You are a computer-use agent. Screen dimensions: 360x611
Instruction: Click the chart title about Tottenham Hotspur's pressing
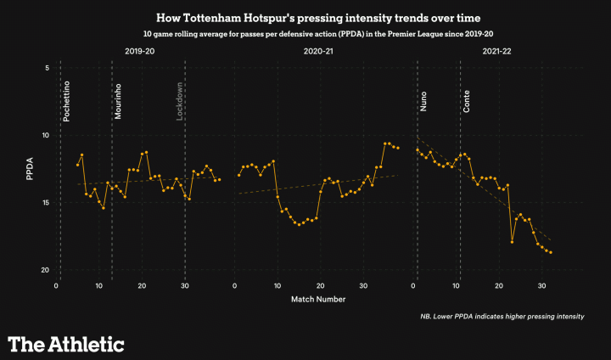305,18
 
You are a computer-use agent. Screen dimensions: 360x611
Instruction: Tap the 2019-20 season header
139,52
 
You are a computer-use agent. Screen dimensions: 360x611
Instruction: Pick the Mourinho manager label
119,101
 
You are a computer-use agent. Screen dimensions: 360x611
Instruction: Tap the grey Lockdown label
180,102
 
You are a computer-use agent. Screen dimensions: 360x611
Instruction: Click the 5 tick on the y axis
47,68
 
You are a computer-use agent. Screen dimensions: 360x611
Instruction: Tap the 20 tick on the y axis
45,270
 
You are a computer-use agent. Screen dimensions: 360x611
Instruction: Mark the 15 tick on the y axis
45,203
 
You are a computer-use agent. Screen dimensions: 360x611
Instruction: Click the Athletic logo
66,343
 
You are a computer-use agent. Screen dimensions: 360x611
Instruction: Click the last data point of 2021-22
551,252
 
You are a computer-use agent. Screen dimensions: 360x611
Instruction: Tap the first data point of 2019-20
77,165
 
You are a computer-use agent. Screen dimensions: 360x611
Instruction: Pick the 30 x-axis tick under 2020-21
362,285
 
